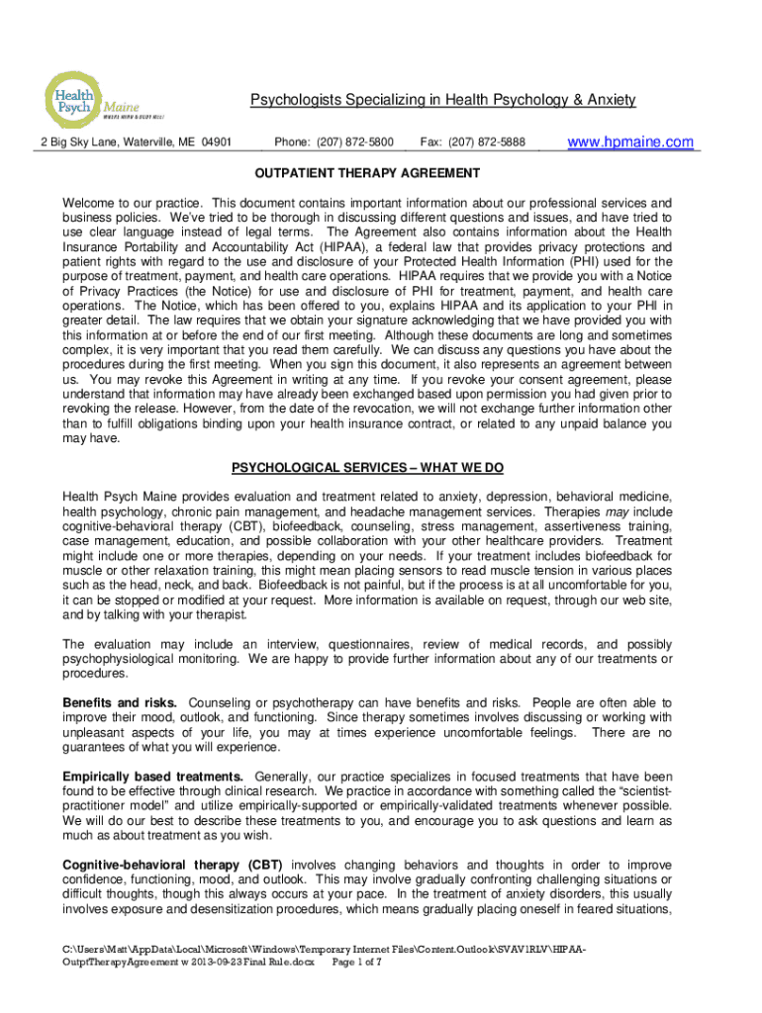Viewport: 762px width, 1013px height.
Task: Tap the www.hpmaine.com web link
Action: [629, 142]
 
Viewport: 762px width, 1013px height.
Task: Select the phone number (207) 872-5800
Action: [333, 142]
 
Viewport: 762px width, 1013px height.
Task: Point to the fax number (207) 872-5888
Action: [473, 142]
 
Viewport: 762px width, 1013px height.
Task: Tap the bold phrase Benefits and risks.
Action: [120, 702]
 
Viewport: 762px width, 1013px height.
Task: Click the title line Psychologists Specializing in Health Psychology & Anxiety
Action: [442, 100]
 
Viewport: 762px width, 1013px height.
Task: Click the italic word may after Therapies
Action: [618, 512]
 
